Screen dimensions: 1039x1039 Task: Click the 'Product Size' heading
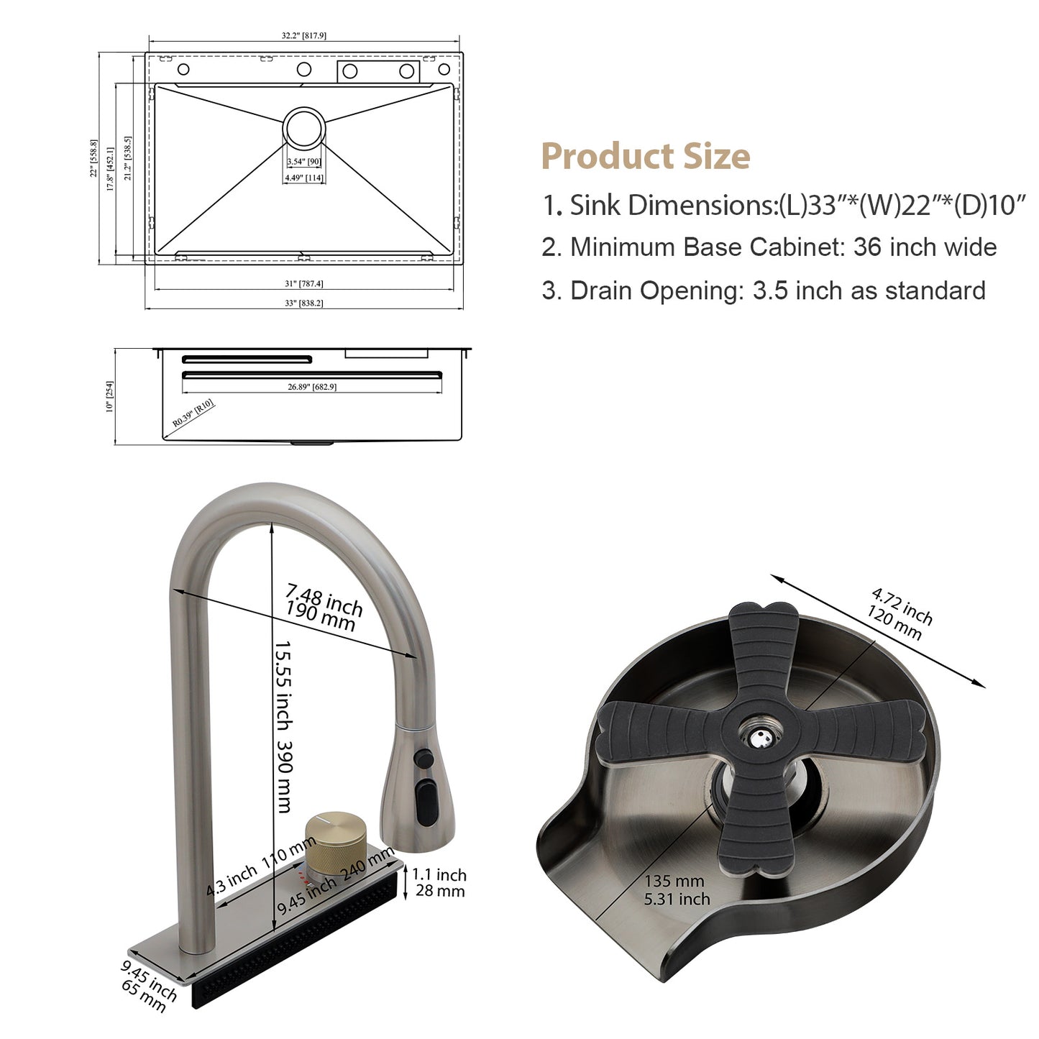click(x=646, y=156)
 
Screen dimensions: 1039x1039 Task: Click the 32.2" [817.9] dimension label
click(x=303, y=35)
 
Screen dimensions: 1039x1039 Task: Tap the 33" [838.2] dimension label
click(x=304, y=303)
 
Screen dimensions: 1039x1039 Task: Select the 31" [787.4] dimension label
click(x=304, y=283)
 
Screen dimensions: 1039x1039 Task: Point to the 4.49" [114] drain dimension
click(x=304, y=178)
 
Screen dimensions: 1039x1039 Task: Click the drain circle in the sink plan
click(x=304, y=128)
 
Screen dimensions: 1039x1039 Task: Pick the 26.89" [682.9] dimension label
click(x=312, y=387)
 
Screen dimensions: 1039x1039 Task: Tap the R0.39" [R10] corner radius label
click(x=193, y=413)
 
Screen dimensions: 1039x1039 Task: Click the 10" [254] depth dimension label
click(x=109, y=396)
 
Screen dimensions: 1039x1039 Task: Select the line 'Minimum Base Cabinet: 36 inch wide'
click(x=769, y=247)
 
